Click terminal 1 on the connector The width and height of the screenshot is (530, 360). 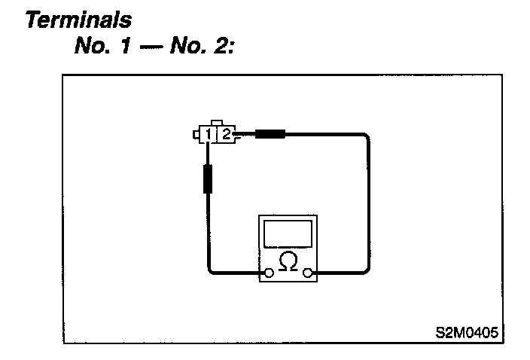[x=207, y=136]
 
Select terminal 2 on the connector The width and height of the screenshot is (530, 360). [x=225, y=136]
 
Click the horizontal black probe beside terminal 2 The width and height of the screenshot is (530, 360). [x=270, y=135]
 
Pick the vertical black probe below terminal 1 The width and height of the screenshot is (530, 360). [x=207, y=179]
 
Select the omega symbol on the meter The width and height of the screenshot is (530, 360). [x=288, y=262]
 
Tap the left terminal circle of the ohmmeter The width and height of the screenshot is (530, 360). [x=267, y=273]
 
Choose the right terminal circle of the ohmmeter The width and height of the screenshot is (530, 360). [x=308, y=273]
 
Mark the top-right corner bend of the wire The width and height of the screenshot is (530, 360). [x=367, y=137]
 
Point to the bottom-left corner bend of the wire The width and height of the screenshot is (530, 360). [x=210, y=270]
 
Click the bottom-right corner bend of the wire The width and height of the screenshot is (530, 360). [x=367, y=270]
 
